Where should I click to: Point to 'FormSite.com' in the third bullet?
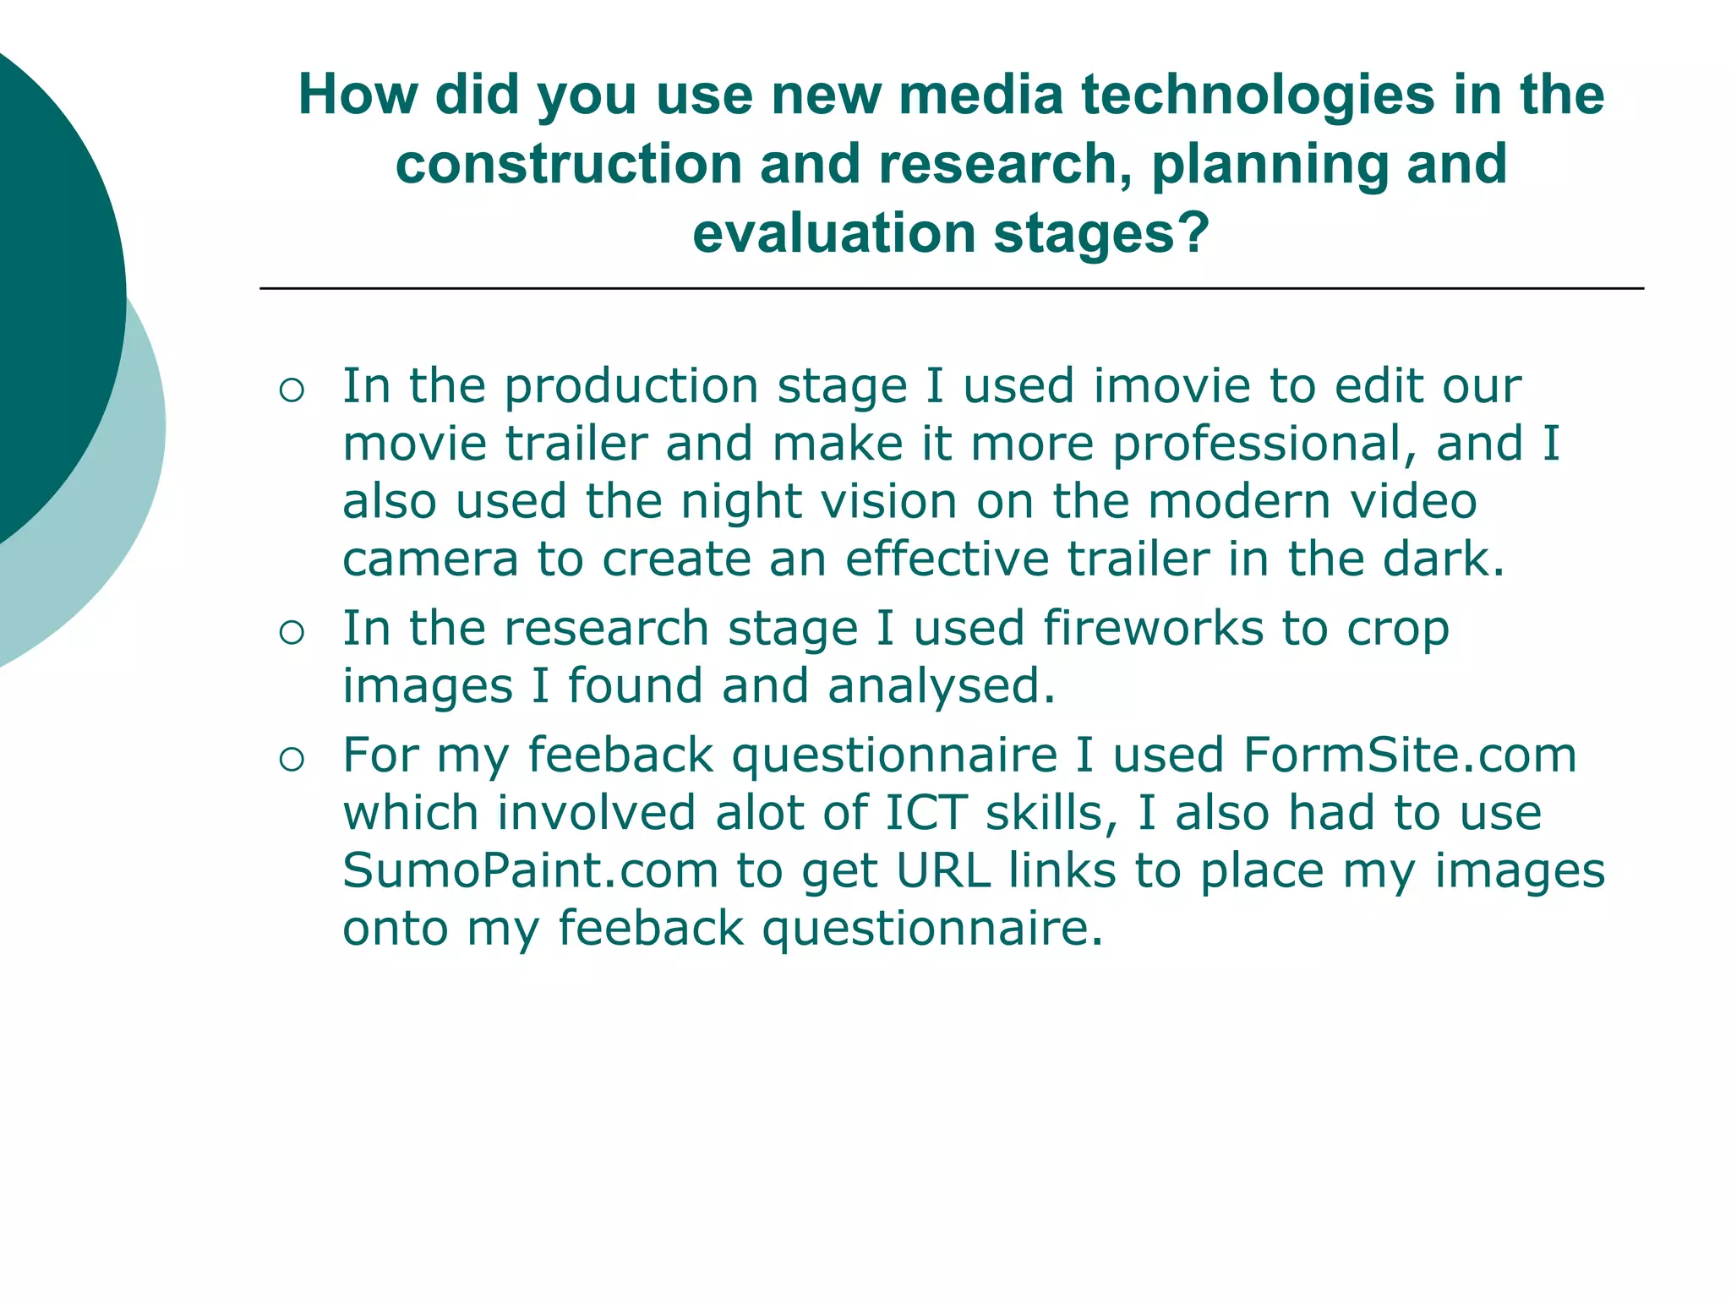click(1409, 755)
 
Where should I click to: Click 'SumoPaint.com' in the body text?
click(530, 870)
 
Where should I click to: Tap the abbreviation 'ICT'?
click(926, 813)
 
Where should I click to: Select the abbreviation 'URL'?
click(942, 870)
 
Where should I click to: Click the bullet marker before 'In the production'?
click(291, 390)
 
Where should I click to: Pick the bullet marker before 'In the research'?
click(291, 633)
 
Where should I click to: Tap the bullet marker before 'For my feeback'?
click(291, 760)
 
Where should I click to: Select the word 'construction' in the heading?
click(568, 164)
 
